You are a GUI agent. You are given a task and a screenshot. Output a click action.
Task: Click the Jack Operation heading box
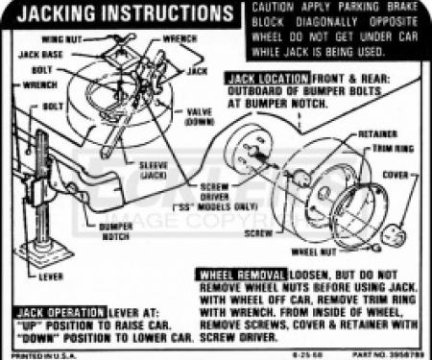(60, 312)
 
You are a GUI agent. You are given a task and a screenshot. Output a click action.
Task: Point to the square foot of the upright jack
(44, 254)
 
